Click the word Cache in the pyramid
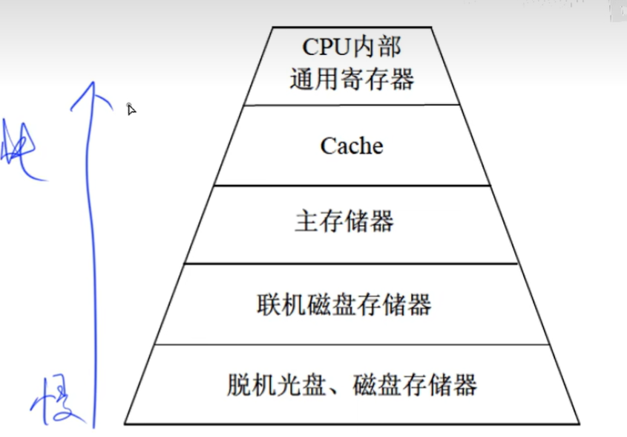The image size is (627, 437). (x=352, y=146)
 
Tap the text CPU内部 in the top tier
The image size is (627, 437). (x=352, y=48)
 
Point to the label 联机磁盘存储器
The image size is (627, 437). (x=344, y=305)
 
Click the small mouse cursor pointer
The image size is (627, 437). (x=131, y=109)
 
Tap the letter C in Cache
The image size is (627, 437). (x=327, y=146)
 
